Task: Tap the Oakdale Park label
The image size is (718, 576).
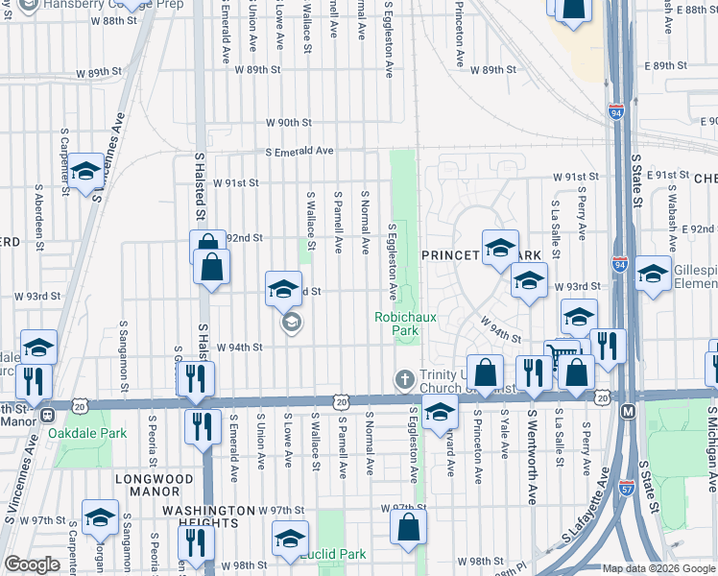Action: click(99, 434)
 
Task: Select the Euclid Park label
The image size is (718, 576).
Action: click(333, 554)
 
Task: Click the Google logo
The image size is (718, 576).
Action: click(32, 565)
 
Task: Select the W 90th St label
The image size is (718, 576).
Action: click(289, 122)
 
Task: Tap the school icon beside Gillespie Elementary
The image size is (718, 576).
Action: click(653, 274)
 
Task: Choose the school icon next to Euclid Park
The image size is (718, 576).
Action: click(289, 540)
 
